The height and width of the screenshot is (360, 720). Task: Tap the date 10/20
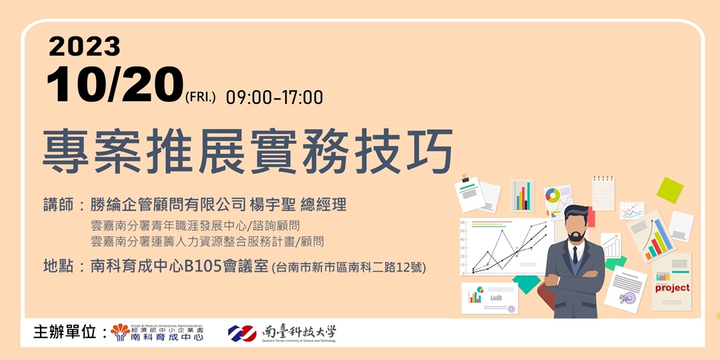(x=115, y=85)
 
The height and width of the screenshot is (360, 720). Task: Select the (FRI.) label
(x=201, y=98)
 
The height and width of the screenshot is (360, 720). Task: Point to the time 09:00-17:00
(x=274, y=97)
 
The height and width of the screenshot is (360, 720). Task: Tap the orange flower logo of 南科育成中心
(x=121, y=330)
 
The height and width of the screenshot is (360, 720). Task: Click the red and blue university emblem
(x=242, y=331)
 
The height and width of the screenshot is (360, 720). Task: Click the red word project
(x=671, y=288)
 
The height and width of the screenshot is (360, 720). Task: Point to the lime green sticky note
(x=669, y=190)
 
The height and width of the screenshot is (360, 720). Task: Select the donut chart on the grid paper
(x=553, y=196)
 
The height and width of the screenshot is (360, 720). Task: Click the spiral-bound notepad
(x=603, y=193)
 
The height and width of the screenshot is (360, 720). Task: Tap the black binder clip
(x=465, y=179)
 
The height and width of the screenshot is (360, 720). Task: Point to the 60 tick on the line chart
(x=463, y=223)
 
